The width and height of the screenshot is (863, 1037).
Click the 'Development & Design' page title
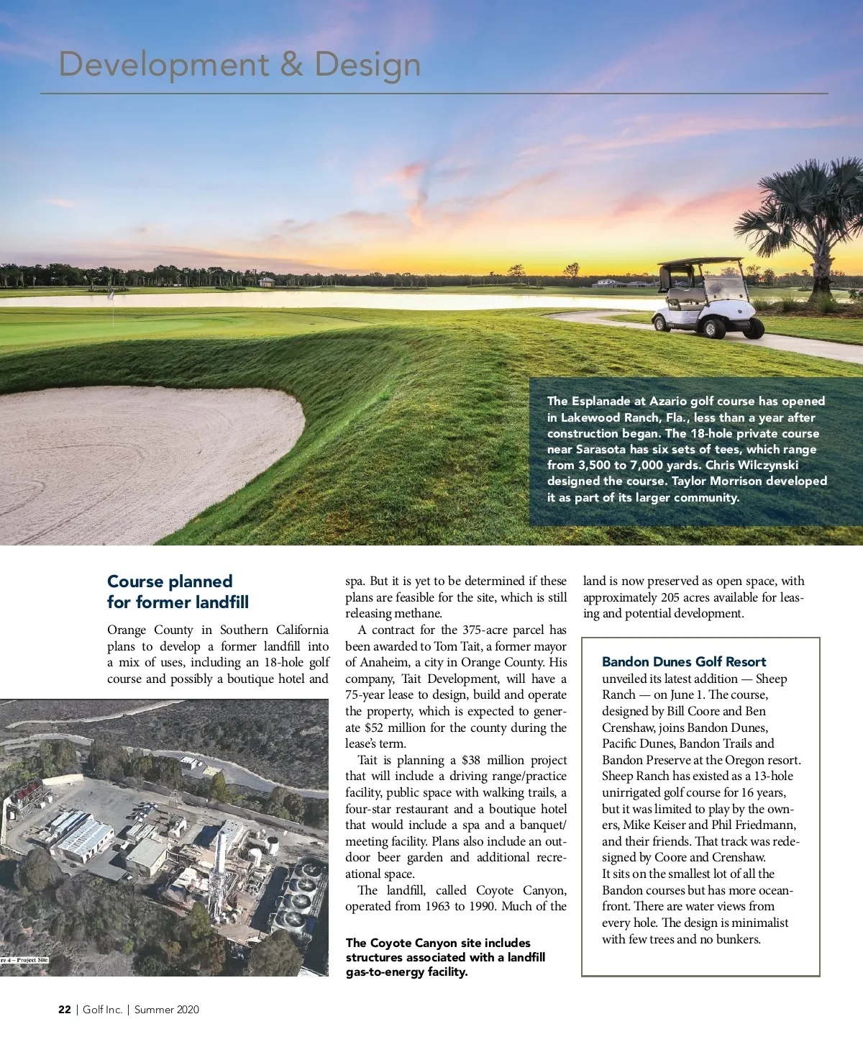[x=239, y=65]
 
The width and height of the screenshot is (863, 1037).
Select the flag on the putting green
[x=111, y=295]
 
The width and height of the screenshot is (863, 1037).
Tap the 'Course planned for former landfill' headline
[x=178, y=592]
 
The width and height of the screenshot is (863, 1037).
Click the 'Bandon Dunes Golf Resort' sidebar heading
[x=684, y=662]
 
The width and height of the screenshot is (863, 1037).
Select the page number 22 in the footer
[x=65, y=1010]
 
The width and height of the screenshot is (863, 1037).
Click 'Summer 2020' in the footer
[x=167, y=1010]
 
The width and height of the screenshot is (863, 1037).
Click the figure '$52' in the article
[x=374, y=728]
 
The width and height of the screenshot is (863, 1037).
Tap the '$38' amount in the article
[x=471, y=761]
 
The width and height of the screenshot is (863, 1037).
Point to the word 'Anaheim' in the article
[x=384, y=663]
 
